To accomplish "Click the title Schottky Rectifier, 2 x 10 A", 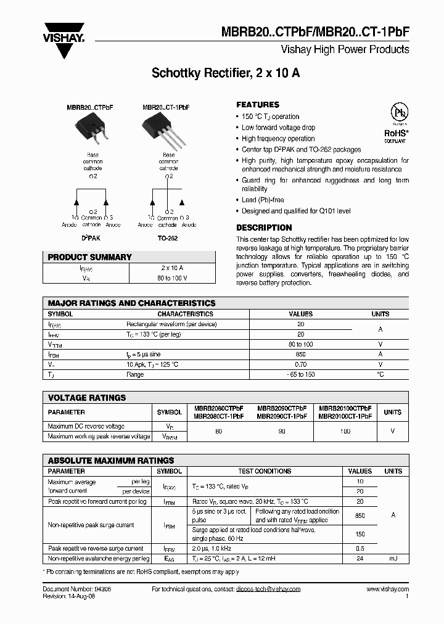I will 226,73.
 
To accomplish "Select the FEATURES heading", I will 258,105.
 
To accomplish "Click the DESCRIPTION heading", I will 264,228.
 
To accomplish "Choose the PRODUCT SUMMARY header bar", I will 129,257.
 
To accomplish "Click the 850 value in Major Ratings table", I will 300,355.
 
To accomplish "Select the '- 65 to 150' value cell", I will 300,374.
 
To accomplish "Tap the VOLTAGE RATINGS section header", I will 87,398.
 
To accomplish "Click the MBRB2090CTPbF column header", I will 282,408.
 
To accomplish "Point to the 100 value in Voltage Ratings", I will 345,431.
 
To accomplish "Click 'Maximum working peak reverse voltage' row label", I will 99,436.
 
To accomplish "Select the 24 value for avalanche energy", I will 360,559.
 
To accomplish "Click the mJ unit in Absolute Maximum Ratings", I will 393,559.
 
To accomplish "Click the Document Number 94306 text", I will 76,589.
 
